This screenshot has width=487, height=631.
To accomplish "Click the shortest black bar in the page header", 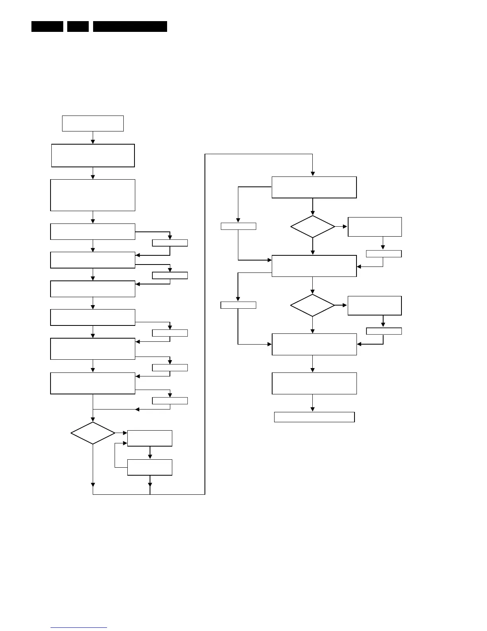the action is tap(78, 26).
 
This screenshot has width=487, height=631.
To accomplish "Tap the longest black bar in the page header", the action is tap(130, 26).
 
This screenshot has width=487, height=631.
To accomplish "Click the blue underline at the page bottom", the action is tap(79, 627).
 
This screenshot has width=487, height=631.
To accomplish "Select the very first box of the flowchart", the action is tap(93, 123).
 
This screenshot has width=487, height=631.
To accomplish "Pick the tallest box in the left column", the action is tap(93, 195).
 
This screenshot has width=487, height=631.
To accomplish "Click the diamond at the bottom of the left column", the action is tap(93, 433).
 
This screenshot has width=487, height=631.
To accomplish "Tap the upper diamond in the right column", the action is tap(313, 227).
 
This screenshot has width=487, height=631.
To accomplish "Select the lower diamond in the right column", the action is tap(313, 306).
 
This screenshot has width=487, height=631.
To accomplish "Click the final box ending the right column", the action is tap(314, 417).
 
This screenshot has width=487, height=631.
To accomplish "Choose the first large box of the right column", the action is tap(314, 187).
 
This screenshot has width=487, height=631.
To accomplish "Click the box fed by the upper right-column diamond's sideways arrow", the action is tap(375, 227).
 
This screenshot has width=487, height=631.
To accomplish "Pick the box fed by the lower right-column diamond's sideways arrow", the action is tap(375, 306).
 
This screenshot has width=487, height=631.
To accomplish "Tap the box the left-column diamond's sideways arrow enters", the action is tap(150, 438).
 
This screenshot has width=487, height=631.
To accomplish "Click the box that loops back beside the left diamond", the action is tap(150, 467).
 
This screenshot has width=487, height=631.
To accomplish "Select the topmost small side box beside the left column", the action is tap(170, 243).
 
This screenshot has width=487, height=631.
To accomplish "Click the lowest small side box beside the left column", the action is tap(170, 401).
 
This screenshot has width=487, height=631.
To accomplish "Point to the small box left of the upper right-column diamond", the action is tap(238, 226).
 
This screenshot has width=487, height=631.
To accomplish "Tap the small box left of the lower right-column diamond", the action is tap(238, 305).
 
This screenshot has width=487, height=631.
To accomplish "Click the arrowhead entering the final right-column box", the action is tap(313, 410).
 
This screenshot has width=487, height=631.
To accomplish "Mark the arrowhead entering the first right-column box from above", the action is tap(313, 174).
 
